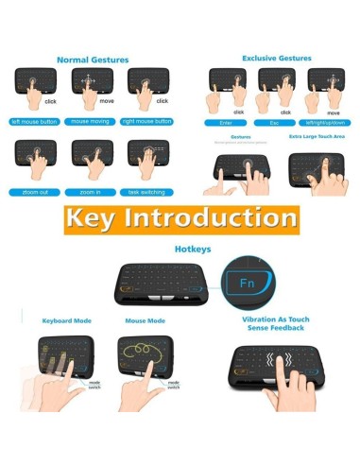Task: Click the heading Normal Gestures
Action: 92,60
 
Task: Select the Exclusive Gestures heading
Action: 276,58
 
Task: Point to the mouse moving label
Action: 93,122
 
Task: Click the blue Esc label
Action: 275,122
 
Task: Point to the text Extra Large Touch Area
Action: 317,138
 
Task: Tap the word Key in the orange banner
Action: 97,220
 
